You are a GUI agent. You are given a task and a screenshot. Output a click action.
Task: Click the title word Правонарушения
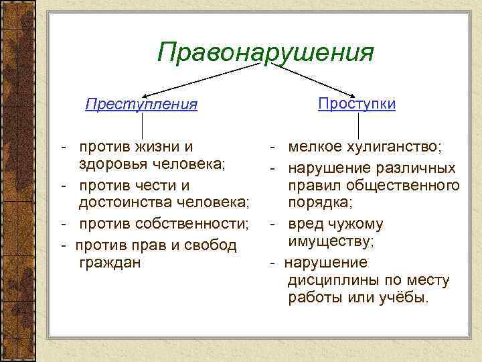pyautogui.click(x=265, y=52)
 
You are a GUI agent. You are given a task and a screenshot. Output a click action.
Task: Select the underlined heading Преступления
pyautogui.click(x=141, y=105)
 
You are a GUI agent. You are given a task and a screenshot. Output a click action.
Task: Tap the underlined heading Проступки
pyautogui.click(x=356, y=104)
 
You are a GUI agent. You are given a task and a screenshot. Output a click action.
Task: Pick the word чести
pyautogui.click(x=159, y=184)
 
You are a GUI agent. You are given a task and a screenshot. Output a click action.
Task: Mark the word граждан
pyautogui.click(x=109, y=262)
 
